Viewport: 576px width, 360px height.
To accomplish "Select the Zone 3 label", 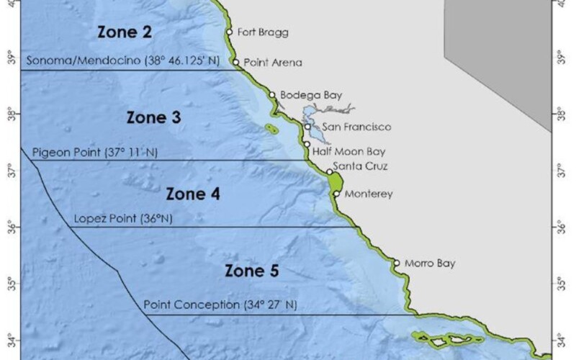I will coord(153,117).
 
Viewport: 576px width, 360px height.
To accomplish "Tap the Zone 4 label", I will coord(193,194).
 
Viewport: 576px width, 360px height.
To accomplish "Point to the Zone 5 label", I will coord(251,271).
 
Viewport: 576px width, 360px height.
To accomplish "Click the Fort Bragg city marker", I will coord(229,32).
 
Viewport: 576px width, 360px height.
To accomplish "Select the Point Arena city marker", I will coord(236,62).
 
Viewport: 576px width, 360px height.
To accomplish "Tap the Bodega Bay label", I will coord(310,94).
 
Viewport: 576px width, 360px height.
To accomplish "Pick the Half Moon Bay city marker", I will coord(307,144).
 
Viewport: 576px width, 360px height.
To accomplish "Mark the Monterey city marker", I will coord(336,194).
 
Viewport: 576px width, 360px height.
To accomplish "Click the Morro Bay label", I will coord(430,263).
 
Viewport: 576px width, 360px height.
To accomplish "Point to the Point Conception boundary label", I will coord(220,305).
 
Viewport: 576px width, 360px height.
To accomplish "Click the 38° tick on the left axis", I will coord(10,113).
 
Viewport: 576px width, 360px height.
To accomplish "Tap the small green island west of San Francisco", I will coord(271,130).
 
